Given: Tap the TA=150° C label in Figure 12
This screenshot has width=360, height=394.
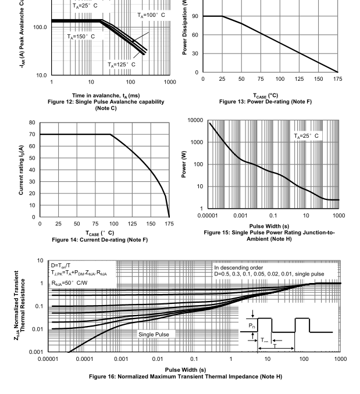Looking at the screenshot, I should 80,36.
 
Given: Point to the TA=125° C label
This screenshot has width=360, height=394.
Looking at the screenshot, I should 122,65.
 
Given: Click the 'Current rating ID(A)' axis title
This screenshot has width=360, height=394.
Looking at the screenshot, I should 21,170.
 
